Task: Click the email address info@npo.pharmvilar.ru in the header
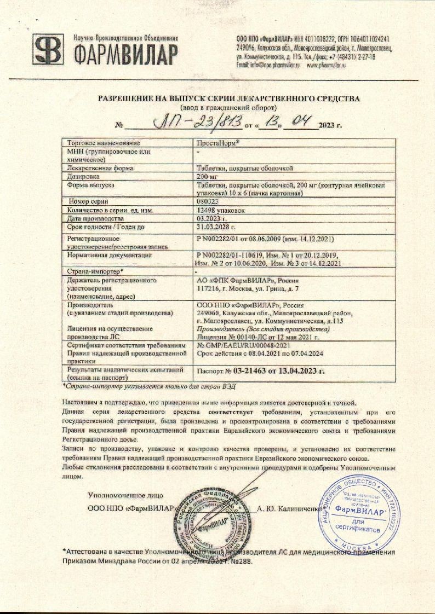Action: point(269,65)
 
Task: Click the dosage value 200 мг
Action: point(207,177)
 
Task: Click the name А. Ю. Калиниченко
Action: point(289,508)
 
